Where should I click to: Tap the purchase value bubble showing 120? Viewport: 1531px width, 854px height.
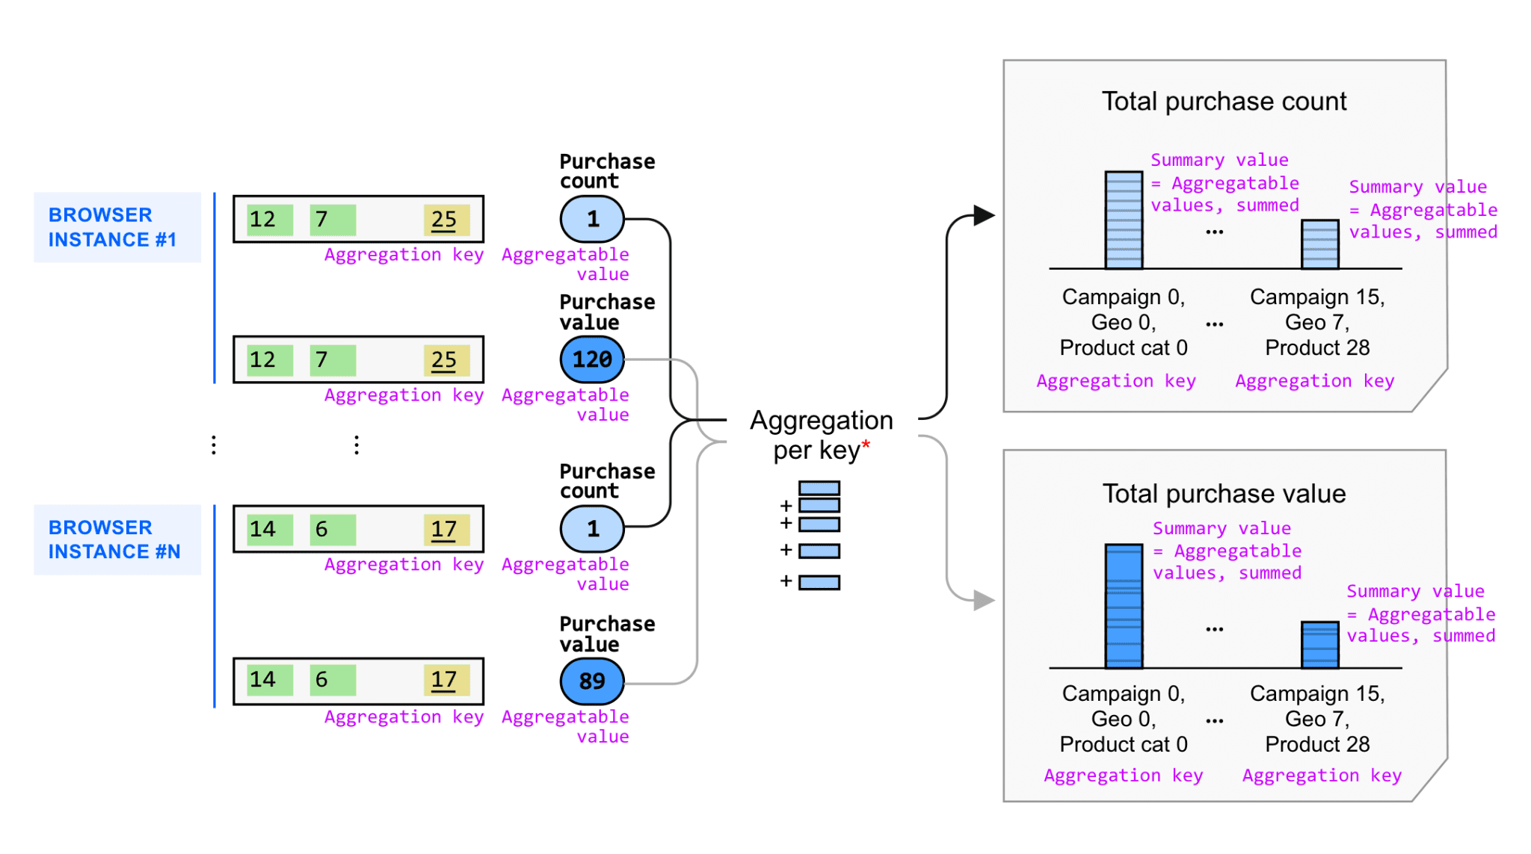592,359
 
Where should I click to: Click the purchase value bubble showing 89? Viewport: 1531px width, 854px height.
592,681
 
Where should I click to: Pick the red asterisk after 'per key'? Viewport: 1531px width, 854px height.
866,445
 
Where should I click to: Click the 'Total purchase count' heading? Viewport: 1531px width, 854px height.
1224,102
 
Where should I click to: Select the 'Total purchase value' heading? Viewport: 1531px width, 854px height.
1224,494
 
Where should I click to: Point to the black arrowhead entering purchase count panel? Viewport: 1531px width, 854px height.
984,216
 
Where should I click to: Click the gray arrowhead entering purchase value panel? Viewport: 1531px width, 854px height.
984,600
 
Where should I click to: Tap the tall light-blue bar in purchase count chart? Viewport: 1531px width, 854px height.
1124,220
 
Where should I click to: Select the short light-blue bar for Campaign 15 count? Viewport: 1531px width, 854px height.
1319,244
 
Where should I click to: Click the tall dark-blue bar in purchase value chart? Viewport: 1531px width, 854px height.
1124,606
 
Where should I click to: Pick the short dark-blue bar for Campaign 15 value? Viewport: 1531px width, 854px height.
1319,645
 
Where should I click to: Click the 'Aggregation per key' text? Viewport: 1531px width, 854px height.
821,435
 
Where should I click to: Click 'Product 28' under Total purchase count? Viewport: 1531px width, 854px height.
1317,348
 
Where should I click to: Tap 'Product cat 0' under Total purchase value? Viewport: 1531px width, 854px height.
1123,744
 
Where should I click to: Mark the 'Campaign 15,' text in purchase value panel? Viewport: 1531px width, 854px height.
1317,694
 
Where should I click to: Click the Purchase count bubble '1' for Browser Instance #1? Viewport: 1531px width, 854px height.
592,219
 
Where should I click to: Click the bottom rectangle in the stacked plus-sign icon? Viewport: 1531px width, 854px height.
819,582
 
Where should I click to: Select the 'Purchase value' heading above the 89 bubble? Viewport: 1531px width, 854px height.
606,634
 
